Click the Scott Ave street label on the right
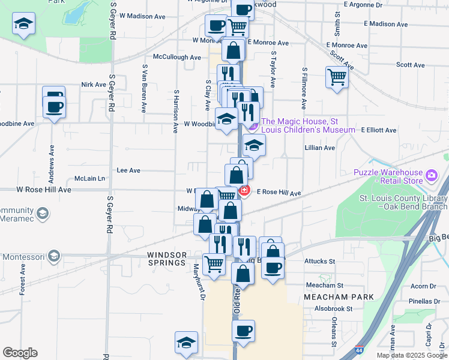coord(411,65)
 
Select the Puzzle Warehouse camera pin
coord(431,176)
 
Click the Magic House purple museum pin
coord(253,125)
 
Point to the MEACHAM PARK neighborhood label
coord(339,297)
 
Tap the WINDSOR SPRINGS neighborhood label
coord(167,259)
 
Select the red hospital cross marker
coord(244,191)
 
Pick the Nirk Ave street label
coord(94,85)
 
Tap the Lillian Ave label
coord(320,148)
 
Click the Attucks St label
coord(320,261)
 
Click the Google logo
coord(20,353)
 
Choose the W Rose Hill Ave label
coord(43,190)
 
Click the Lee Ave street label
coord(128,170)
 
